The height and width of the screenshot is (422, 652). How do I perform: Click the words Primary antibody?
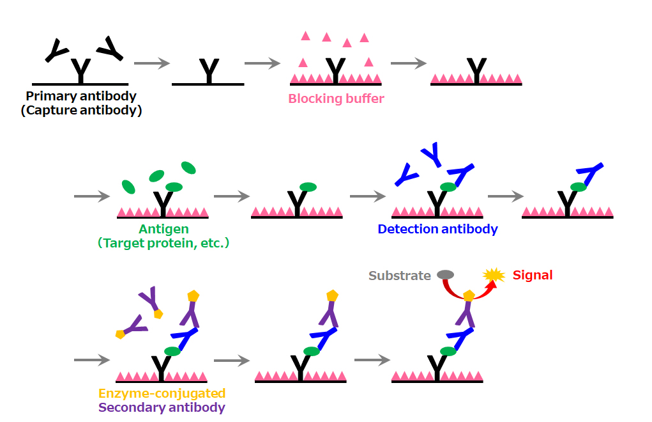tap(81, 97)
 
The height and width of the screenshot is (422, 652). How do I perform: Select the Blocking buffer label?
tap(336, 99)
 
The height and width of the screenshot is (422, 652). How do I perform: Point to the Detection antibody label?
tap(437, 229)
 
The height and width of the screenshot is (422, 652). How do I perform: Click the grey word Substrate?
tap(399, 276)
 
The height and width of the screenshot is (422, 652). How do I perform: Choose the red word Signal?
tap(533, 276)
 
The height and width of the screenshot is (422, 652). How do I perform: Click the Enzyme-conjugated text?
tap(162, 393)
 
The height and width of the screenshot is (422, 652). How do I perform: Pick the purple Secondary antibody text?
tap(162, 407)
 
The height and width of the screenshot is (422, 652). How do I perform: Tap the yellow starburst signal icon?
tap(493, 276)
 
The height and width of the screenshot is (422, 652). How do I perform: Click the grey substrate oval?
tap(445, 275)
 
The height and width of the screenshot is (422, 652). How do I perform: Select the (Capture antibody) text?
tap(81, 110)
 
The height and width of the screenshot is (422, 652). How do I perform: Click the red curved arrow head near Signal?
tap(491, 287)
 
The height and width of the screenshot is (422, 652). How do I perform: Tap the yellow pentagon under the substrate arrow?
tap(469, 295)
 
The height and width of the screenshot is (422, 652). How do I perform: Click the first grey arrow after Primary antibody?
tap(152, 63)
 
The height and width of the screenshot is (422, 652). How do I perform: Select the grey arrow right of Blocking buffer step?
tap(408, 63)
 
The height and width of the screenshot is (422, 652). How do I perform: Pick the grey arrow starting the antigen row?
tap(93, 196)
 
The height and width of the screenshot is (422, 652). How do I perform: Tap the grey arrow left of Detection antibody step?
tap(368, 196)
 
